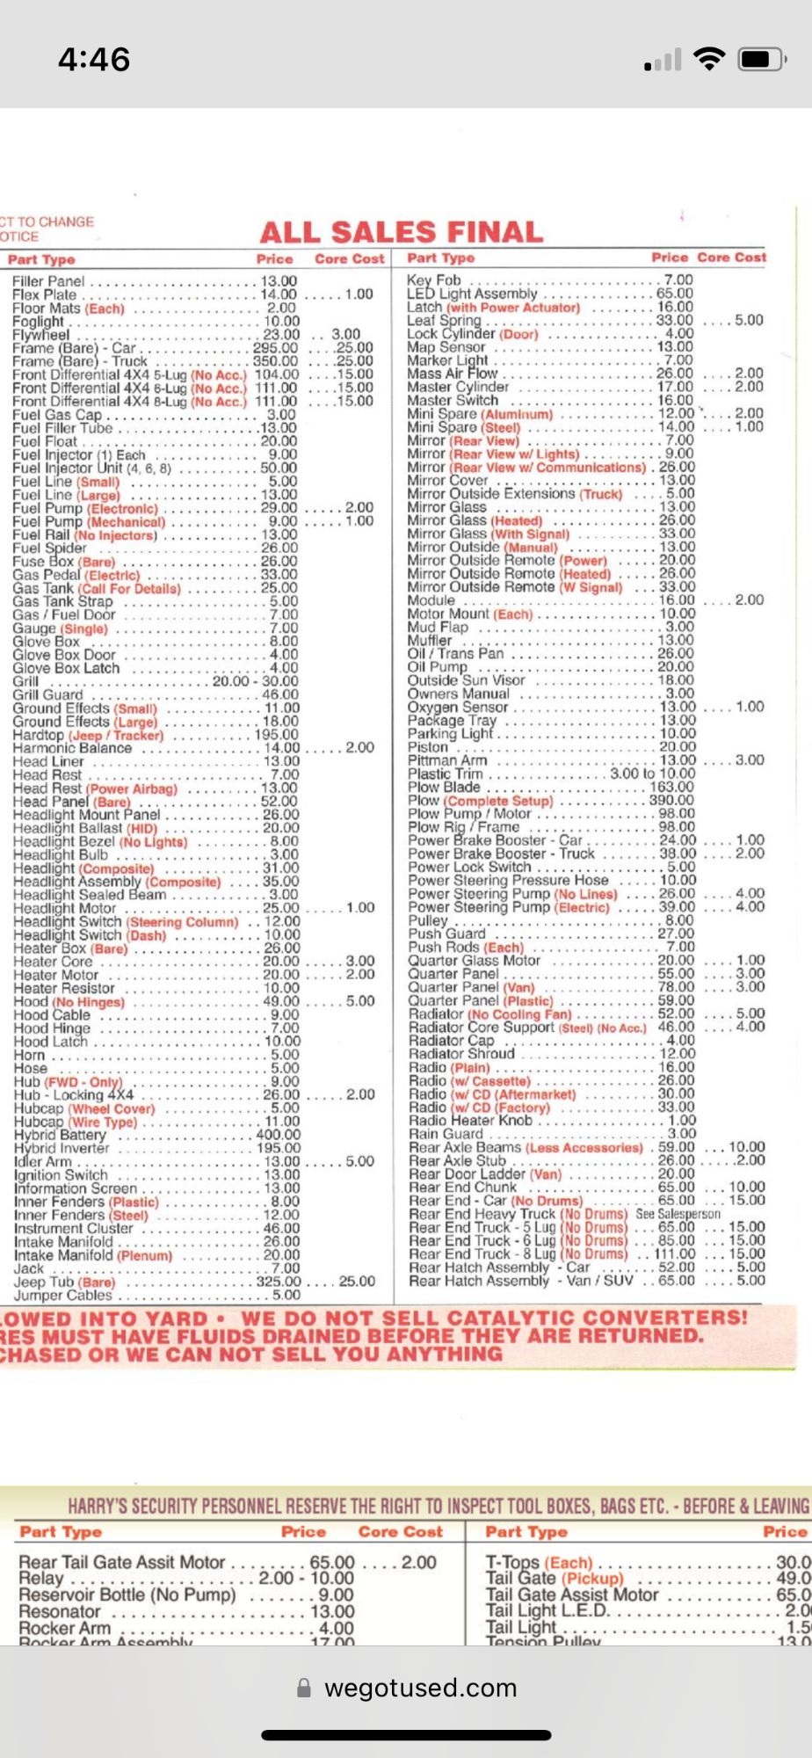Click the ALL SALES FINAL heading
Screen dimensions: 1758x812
(402, 232)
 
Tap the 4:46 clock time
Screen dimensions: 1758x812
(94, 60)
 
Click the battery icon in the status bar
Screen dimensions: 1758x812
(761, 59)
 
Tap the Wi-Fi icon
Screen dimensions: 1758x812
(708, 59)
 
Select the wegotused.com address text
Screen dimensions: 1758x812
(420, 1688)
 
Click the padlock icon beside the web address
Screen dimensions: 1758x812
(304, 1688)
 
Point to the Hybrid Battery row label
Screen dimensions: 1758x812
(60, 1135)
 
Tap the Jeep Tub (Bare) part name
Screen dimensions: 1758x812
(64, 1282)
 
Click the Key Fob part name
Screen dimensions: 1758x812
(434, 280)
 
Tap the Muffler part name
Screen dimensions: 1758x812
(430, 641)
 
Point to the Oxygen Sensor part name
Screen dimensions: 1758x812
(458, 707)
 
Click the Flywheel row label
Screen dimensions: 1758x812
(41, 335)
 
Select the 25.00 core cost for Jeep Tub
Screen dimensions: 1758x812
(358, 1282)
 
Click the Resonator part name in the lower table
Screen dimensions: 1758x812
(60, 1611)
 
